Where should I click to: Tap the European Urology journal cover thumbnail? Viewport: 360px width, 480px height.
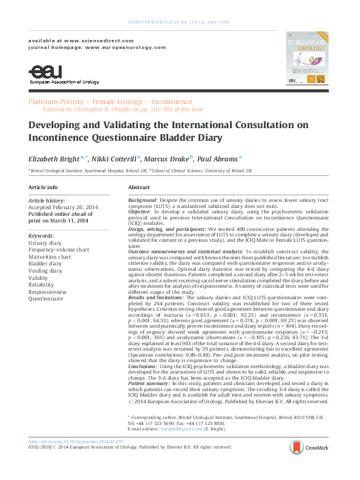pyautogui.click(x=307, y=57)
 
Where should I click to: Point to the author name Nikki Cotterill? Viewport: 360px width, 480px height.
pyautogui.click(x=113, y=158)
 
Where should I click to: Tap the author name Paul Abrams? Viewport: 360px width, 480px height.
pyautogui.click(x=217, y=158)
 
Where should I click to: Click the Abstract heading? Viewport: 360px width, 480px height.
pyautogui.click(x=139, y=188)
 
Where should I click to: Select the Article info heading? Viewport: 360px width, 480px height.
pyautogui.click(x=44, y=188)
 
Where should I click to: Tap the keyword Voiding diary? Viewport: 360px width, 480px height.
pyautogui.click(x=45, y=271)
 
